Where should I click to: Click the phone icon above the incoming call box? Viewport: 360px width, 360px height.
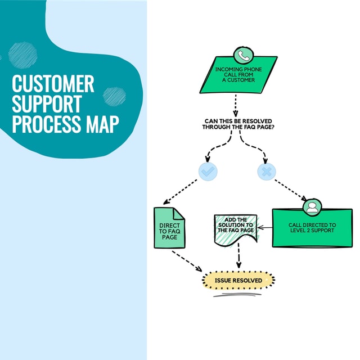243,56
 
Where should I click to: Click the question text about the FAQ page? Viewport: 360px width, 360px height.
238,125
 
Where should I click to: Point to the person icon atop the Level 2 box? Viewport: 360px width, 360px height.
312,207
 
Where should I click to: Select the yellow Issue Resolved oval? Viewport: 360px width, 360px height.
238,280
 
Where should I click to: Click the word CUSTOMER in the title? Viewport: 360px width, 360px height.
53,84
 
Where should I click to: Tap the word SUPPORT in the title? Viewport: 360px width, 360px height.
47,104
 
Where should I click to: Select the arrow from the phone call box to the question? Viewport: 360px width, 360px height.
235,105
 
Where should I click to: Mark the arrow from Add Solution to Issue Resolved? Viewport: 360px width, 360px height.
239,256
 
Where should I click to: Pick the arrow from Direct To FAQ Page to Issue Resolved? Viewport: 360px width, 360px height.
187,259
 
